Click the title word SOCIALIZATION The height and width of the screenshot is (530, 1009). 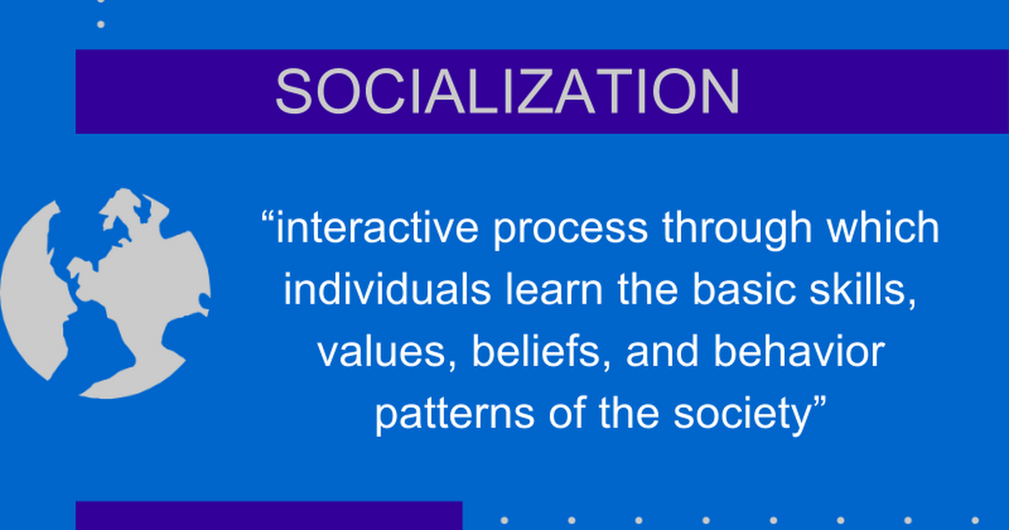pos(507,92)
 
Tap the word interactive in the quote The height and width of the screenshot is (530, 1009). pos(377,228)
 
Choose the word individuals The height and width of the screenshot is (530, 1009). pos(387,289)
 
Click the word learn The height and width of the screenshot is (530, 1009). pos(554,289)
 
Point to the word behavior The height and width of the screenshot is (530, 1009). pos(799,352)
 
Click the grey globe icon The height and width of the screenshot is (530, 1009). pos(105,293)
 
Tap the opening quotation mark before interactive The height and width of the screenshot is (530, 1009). pos(267,216)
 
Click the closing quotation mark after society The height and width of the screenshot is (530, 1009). pos(819,402)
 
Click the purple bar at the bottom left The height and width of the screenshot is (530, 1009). pos(269,516)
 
